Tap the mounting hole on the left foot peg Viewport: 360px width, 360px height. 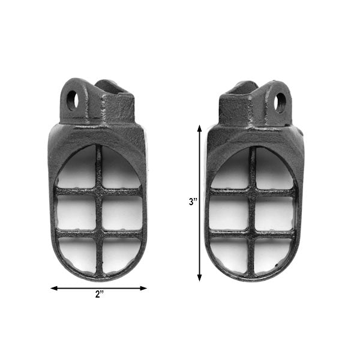[x=71, y=100]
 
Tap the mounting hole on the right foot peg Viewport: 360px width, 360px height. [x=280, y=102]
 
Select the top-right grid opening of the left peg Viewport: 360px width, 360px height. [x=119, y=171]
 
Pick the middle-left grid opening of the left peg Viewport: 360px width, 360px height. [x=76, y=212]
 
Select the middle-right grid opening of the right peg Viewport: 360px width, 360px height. [x=275, y=213]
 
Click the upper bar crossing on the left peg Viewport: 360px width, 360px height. [x=99, y=191]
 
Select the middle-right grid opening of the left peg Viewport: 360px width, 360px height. [x=122, y=212]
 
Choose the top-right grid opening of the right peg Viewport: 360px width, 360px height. [x=272, y=173]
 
